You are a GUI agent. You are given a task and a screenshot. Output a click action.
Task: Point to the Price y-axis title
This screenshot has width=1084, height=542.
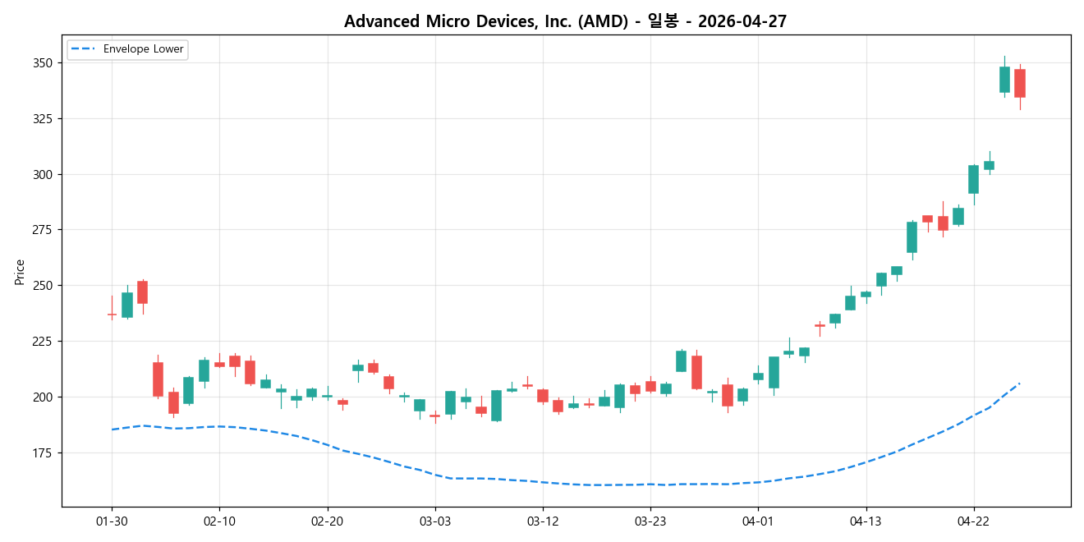(20, 271)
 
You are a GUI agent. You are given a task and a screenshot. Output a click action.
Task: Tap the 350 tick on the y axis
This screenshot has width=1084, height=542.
(43, 63)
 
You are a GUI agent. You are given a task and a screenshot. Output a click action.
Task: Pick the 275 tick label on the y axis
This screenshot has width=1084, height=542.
(43, 230)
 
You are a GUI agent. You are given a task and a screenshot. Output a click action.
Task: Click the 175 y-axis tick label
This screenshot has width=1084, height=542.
(43, 452)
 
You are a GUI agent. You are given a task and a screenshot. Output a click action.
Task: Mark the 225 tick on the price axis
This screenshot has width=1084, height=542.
(43, 342)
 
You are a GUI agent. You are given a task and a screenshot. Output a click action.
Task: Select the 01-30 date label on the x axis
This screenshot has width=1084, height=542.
(112, 521)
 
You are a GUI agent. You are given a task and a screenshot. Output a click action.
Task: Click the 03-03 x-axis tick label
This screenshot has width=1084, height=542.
(435, 521)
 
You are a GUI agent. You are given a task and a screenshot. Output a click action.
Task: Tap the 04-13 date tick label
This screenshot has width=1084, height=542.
(866, 521)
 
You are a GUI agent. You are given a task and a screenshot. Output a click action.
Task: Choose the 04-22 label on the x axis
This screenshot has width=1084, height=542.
(973, 521)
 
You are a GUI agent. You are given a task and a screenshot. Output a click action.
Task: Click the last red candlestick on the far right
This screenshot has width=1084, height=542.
(1020, 83)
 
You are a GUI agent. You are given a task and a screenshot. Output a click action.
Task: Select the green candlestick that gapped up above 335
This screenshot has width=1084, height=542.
(1004, 80)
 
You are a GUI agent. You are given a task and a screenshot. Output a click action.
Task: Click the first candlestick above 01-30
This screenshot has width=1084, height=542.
(112, 314)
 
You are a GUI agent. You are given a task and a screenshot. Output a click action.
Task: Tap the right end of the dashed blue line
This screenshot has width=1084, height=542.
(1020, 383)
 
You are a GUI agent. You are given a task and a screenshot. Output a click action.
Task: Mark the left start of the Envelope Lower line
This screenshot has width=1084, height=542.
(112, 429)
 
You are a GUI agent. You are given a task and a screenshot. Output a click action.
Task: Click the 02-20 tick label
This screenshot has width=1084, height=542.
(327, 521)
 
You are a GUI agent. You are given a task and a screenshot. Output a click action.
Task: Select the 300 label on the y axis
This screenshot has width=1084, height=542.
(43, 175)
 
